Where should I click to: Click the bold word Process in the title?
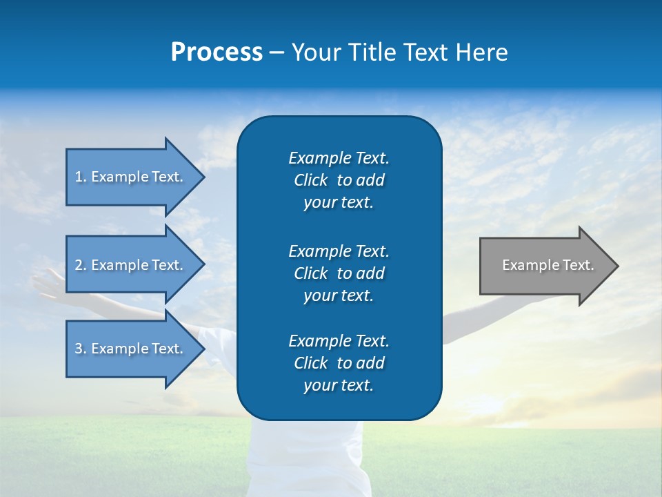pos(217,52)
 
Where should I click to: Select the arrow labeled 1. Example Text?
pos(131,177)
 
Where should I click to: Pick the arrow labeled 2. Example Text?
pos(131,265)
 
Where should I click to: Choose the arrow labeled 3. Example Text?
pos(131,349)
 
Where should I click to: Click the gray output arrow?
pos(545,266)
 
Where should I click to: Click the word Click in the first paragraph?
pos(311,181)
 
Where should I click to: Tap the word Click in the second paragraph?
pos(311,273)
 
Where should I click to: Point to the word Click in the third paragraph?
pos(311,363)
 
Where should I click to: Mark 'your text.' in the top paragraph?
pos(339,203)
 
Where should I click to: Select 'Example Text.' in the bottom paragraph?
pos(339,341)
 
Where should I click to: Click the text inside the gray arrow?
pos(548,265)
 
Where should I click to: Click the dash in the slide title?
pos(277,52)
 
